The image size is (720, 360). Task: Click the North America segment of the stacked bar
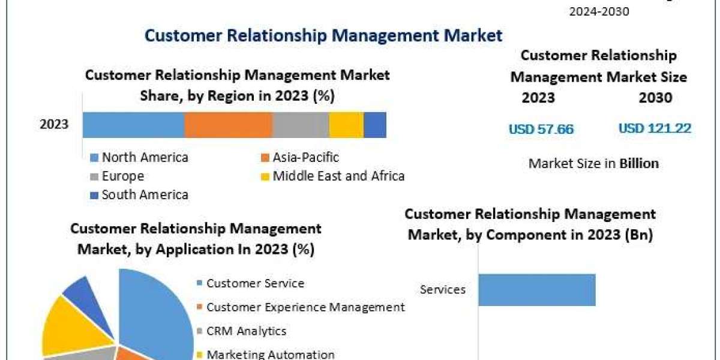[x=133, y=125]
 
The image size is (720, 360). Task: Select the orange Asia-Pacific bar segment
[x=229, y=125]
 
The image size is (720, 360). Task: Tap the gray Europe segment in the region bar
[x=301, y=125]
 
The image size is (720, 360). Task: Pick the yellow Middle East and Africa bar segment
[x=347, y=125]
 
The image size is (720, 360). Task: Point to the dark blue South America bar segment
[x=375, y=125]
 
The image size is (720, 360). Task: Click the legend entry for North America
[x=139, y=157]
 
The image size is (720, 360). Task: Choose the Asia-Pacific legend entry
[x=300, y=157]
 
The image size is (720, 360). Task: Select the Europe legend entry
[x=118, y=176]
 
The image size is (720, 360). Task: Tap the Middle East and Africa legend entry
[x=332, y=176]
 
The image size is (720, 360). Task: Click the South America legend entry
[x=139, y=195]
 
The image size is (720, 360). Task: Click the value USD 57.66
[x=541, y=129]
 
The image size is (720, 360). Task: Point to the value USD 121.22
[x=655, y=128]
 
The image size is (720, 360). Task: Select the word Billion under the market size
[x=639, y=163]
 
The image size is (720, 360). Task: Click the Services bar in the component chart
[x=537, y=290]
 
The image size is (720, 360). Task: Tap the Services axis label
[x=443, y=290]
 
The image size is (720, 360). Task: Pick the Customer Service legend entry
[x=250, y=283]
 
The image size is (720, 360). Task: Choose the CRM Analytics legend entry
[x=241, y=331]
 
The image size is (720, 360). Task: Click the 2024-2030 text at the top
[x=599, y=11]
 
